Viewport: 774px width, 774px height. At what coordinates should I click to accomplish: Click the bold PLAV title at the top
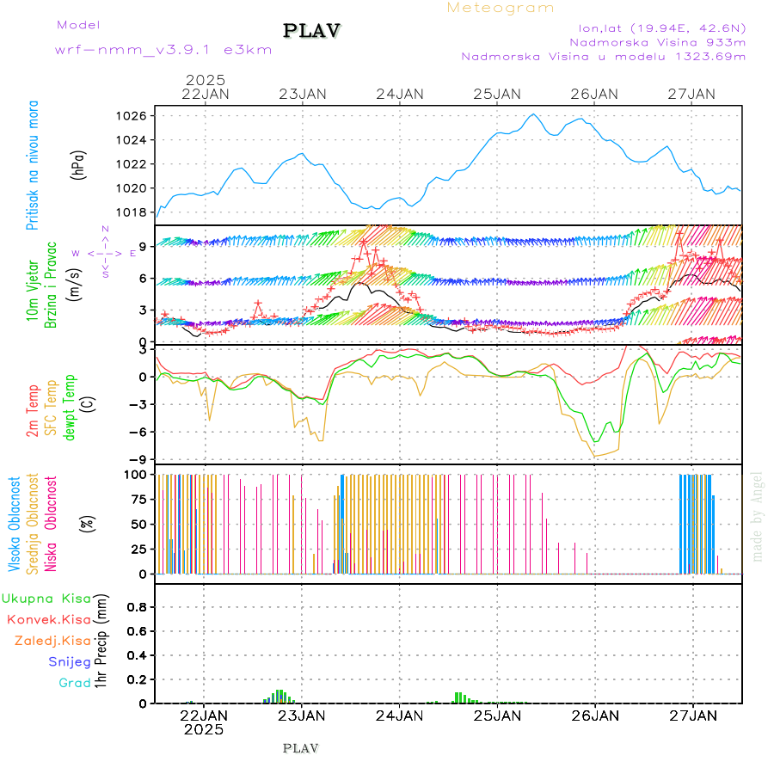pos(312,30)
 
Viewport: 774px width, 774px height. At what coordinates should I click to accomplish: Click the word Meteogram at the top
pos(501,8)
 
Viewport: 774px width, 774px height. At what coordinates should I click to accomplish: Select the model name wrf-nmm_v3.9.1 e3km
pos(163,50)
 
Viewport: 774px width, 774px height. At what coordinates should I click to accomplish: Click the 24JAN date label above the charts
pos(399,94)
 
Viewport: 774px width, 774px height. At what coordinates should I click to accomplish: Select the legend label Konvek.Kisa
pos(48,619)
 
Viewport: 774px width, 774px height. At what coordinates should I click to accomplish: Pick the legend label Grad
pos(74,683)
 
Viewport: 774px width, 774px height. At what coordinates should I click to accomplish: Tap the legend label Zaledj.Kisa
pos(52,640)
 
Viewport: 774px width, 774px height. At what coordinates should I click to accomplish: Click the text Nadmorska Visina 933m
pos(657,41)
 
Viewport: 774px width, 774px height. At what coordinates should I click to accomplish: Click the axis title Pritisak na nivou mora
pos(33,165)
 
